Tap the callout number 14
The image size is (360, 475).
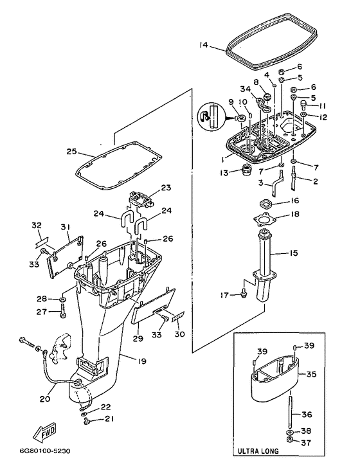click(x=204, y=45)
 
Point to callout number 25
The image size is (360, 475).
click(x=72, y=152)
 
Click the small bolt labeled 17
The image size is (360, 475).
click(x=244, y=294)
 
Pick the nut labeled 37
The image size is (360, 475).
click(x=289, y=441)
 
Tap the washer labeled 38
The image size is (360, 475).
click(x=289, y=431)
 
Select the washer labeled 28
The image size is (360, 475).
click(x=64, y=300)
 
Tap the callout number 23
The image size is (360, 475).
click(x=166, y=188)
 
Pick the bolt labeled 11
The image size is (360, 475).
click(x=303, y=105)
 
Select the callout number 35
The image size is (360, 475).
click(x=311, y=374)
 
